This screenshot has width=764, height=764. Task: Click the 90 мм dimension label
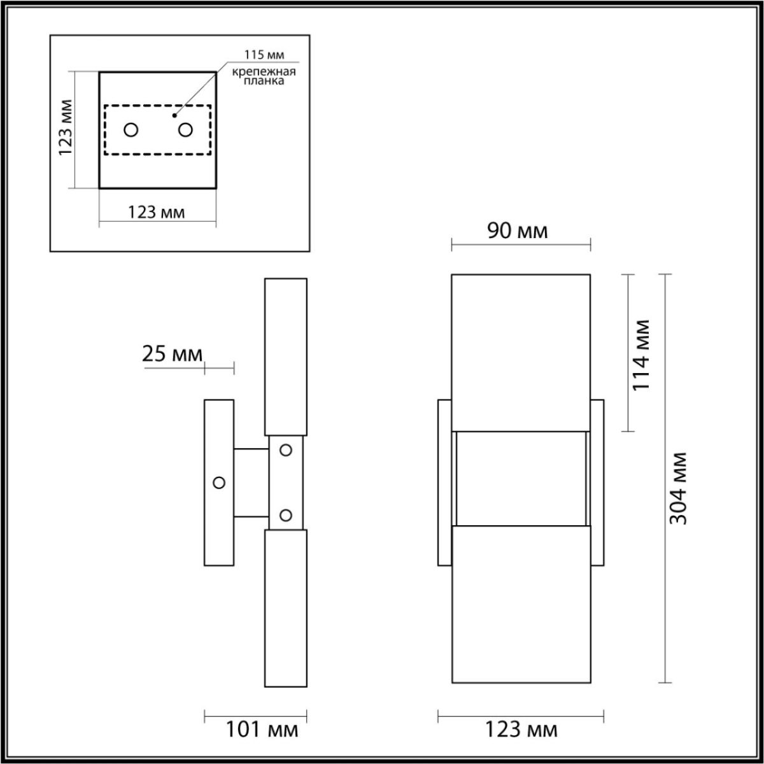pos(518,230)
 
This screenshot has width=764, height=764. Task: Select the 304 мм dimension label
pos(679,488)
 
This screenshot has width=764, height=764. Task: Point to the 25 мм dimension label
pos(172,354)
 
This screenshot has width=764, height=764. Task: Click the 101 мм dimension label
pos(262,729)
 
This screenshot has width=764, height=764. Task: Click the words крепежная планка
pos(263,76)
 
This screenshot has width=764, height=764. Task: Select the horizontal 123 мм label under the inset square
pos(157,212)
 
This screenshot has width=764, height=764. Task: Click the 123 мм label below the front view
pos(521,729)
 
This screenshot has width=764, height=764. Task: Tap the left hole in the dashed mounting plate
pos(131,130)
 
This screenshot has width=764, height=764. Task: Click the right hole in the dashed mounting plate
pos(185,130)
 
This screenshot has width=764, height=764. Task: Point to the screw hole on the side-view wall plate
pos(219,483)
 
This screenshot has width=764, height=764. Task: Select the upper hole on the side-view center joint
pos(286,450)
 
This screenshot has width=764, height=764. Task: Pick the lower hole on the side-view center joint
pos(286,514)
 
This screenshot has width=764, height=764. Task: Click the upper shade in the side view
pos(286,357)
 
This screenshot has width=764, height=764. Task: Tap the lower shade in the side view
pos(286,608)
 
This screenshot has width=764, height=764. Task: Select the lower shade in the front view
pos(521,605)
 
